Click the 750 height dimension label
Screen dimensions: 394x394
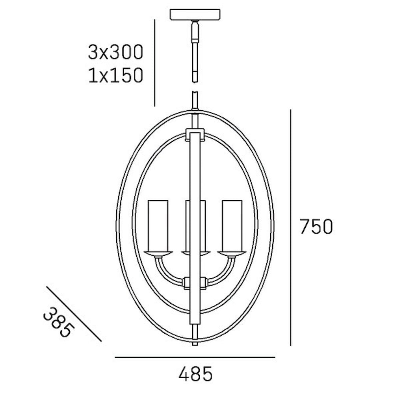coord(316,227)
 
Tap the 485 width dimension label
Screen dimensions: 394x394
coord(195,374)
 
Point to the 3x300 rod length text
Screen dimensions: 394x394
coord(115,52)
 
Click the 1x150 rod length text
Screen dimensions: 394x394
coord(115,75)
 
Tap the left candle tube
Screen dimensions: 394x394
coord(158,226)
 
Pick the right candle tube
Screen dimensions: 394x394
coord(232,226)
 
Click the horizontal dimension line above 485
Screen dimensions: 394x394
coord(195,357)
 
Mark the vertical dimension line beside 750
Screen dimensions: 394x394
coord(290,228)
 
